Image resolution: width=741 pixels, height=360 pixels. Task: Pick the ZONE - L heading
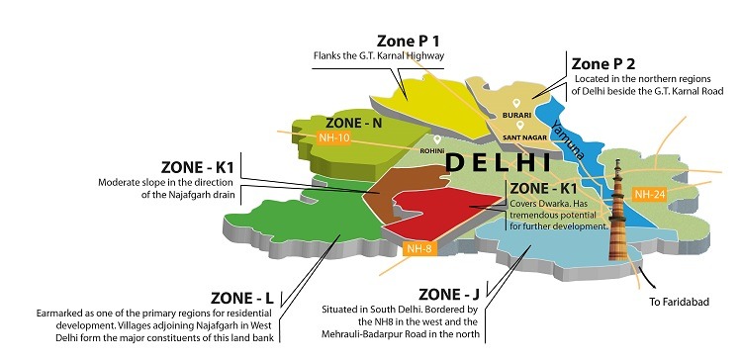click(x=243, y=297)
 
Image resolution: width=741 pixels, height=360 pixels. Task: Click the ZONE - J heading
click(x=453, y=294)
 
